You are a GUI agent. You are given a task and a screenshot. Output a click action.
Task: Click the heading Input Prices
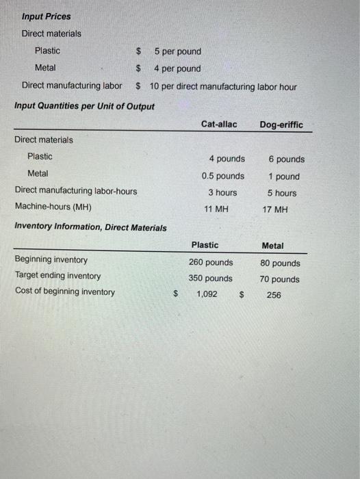[46, 16]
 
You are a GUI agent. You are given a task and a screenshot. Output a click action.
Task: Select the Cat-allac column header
[219, 124]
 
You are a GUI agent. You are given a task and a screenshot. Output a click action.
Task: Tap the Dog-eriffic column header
[281, 125]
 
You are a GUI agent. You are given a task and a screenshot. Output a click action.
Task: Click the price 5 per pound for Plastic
[177, 51]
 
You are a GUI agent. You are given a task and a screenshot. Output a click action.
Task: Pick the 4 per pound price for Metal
[177, 68]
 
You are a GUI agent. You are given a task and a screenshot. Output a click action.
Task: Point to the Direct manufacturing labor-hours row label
[75, 191]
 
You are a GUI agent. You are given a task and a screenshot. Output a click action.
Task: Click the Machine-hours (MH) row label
[53, 207]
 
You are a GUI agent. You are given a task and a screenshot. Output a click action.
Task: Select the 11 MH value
[216, 209]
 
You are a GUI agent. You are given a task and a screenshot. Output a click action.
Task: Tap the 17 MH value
[276, 209]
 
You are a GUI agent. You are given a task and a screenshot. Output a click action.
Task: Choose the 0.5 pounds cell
[222, 176]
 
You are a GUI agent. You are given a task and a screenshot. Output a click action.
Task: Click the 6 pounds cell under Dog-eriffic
[286, 159]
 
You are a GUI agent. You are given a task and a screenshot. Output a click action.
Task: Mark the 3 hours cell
[222, 192]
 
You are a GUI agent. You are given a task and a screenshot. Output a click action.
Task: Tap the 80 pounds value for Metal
[280, 263]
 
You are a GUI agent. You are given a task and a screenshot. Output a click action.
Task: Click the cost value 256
[274, 295]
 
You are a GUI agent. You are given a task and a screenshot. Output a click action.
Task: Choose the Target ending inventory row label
[57, 276]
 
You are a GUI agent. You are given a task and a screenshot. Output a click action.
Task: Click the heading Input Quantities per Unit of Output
[84, 106]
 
